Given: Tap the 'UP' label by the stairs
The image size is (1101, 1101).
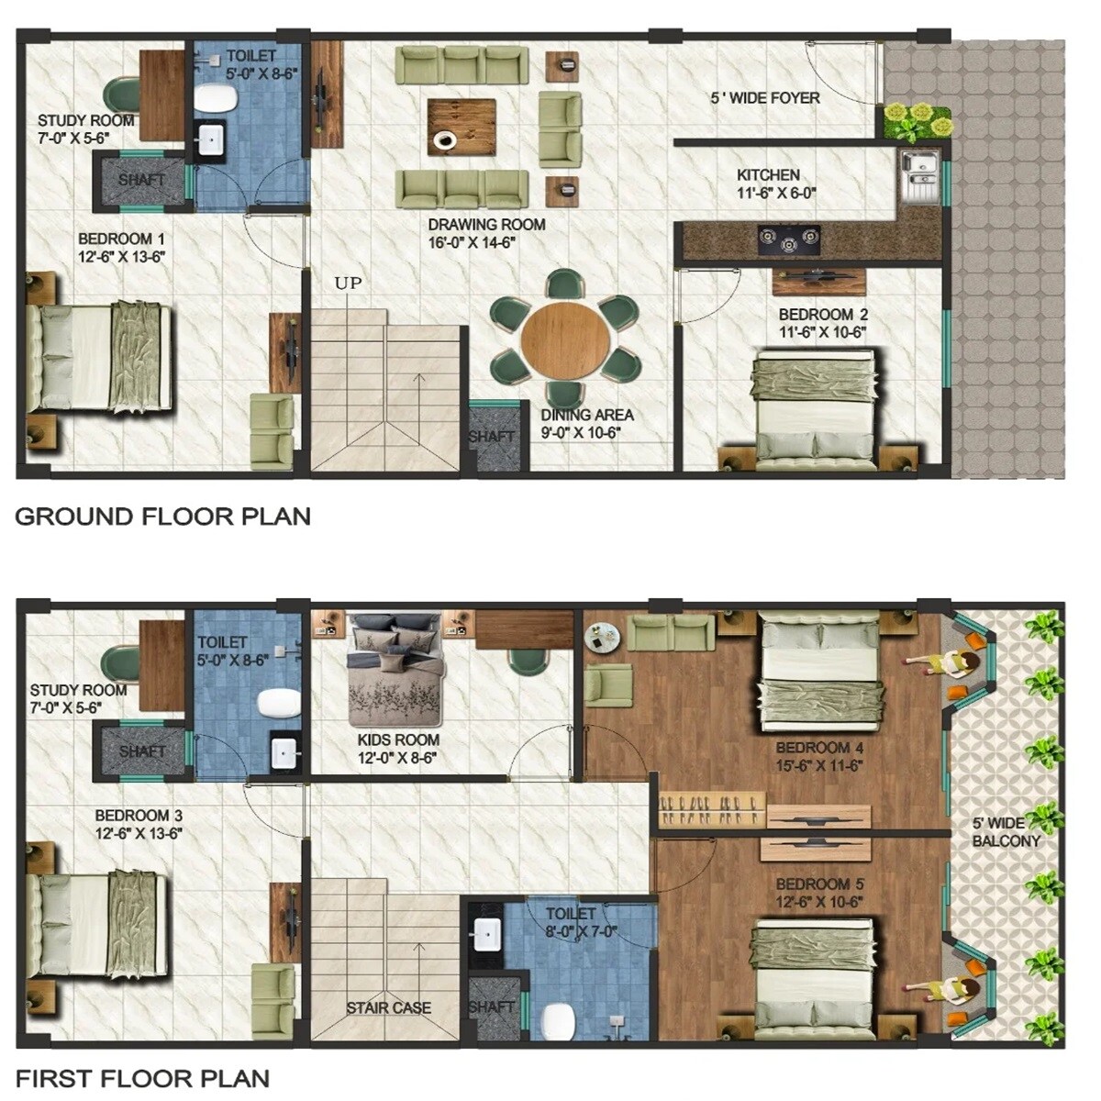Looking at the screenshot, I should [348, 283].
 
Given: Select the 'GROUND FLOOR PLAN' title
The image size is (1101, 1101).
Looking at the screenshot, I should [162, 517].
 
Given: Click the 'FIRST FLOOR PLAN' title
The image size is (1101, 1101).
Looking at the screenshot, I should [142, 1078].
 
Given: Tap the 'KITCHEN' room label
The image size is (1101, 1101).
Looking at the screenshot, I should [768, 174].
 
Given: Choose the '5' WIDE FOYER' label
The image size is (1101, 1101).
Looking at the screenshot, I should [765, 97].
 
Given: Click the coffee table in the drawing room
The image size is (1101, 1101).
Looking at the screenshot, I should [462, 127].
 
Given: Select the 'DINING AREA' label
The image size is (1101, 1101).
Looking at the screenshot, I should [587, 415].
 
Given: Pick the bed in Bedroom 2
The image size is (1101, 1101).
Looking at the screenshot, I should [817, 406].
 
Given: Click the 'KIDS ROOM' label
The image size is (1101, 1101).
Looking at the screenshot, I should [398, 740].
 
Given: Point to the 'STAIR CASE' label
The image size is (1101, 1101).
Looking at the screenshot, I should [388, 1007].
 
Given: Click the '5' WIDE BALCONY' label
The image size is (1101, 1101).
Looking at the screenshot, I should [1006, 831].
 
